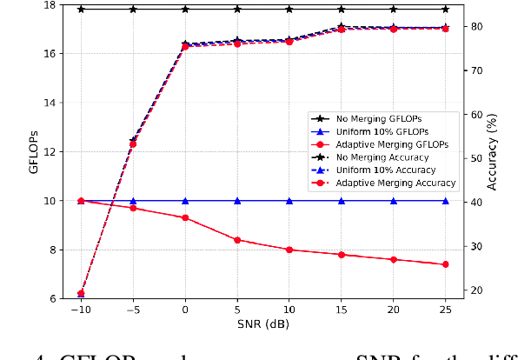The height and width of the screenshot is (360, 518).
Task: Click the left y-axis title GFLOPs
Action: click(35, 152)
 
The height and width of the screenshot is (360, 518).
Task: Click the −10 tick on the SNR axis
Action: click(81, 309)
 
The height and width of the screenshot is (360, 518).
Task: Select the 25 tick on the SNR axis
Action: click(445, 309)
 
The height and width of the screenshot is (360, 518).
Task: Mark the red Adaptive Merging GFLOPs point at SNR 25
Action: click(445, 264)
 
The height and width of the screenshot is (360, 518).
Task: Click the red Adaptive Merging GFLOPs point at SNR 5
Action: click(237, 240)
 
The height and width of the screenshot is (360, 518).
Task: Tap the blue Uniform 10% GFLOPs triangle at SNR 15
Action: click(342, 201)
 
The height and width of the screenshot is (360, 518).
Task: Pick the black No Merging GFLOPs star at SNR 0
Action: click(185, 9)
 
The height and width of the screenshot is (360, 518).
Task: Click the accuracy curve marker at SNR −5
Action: click(133, 142)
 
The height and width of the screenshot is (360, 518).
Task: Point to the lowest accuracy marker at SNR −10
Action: click(81, 294)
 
